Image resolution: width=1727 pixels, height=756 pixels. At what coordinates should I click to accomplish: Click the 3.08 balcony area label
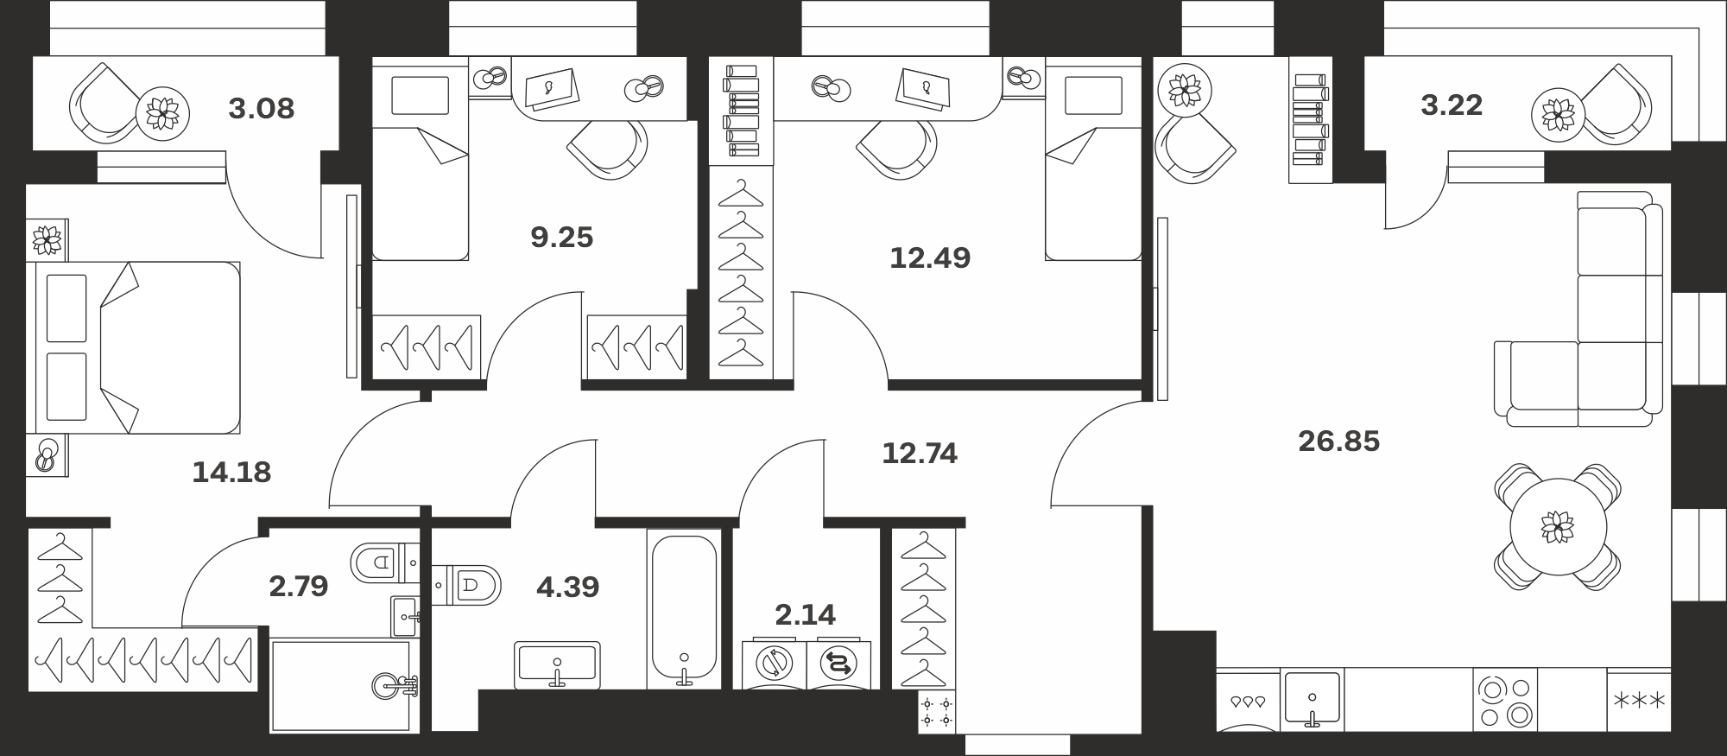[261, 109]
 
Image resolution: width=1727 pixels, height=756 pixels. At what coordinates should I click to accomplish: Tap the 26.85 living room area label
[1338, 442]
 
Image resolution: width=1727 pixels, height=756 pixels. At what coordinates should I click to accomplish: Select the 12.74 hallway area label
[920, 454]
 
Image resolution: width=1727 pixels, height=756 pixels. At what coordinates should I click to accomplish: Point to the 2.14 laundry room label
[805, 614]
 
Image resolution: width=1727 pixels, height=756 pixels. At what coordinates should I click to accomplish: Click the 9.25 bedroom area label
[561, 237]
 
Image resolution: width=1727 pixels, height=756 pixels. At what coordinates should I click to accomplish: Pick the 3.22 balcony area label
[1452, 105]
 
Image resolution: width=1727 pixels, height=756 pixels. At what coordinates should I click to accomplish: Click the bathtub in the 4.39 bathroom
[684, 609]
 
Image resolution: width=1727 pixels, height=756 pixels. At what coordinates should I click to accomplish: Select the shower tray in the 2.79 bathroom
[344, 686]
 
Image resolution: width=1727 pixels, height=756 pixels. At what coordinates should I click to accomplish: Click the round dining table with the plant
[1558, 527]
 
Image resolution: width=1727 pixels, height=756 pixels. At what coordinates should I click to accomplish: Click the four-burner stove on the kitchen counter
[1505, 701]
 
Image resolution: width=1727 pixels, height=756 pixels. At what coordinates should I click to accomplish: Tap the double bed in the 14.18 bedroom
[133, 347]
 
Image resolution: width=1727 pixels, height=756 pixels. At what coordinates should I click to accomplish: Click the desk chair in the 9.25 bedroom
[608, 149]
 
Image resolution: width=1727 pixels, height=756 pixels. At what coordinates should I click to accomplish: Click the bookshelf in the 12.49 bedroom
[742, 111]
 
